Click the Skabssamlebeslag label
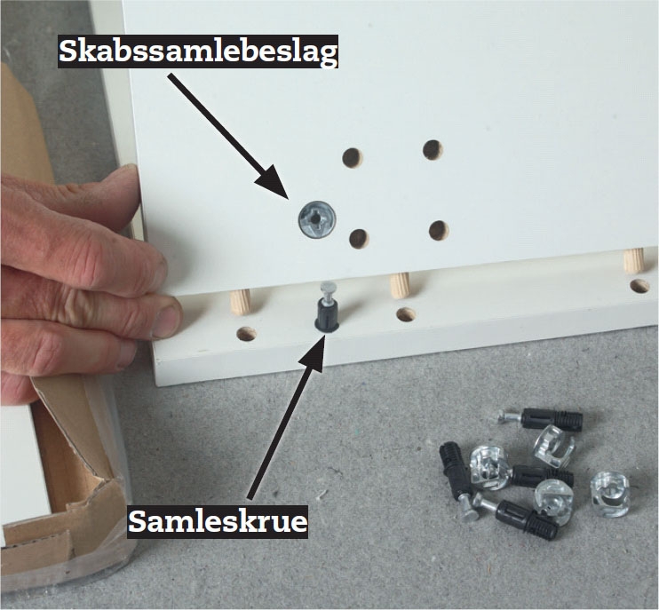coord(198,51)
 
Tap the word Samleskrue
coord(218,522)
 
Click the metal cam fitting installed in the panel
coord(316,219)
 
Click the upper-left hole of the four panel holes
coord(352,157)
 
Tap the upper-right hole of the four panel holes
coord(433,150)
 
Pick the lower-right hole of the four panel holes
coord(439,230)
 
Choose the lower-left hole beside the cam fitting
coord(359,238)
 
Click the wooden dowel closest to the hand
coord(241,303)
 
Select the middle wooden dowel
coord(400,285)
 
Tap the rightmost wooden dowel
coord(634,260)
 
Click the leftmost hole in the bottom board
coord(247,334)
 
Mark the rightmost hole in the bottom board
coord(640,286)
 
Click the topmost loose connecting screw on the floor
coord(542,418)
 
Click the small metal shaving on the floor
coord(322,494)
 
